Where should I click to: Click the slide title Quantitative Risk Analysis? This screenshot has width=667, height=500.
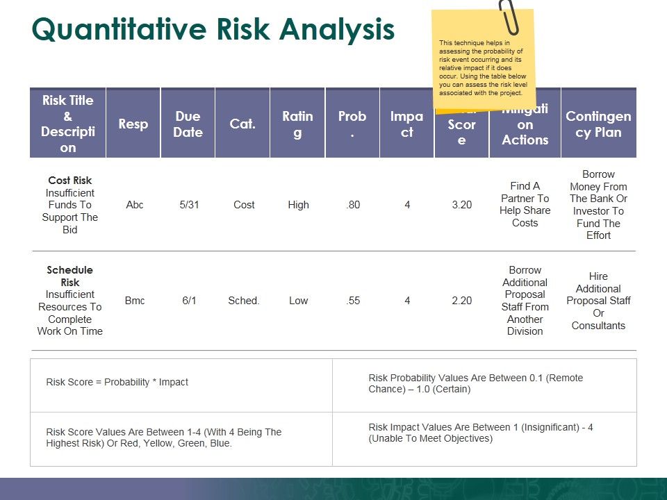coord(213,31)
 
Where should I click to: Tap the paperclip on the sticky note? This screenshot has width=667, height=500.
coord(509,17)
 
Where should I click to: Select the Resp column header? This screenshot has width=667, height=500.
coord(133,124)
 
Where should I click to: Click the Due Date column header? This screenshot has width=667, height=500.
coord(188,124)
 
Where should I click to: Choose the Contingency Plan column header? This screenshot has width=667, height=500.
coord(598,124)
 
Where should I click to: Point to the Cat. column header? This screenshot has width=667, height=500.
coord(242,124)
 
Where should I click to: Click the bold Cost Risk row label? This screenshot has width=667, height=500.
coord(70,181)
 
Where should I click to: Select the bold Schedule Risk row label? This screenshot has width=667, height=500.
coord(70,276)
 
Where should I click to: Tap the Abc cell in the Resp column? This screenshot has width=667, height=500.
coord(135,205)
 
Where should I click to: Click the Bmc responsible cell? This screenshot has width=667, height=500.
coord(135,301)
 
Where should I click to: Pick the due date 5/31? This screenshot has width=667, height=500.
coord(188,205)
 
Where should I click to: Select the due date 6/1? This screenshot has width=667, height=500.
coord(188,301)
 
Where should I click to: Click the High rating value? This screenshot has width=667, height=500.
coord(298,205)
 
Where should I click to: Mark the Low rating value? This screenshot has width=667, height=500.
coord(298,301)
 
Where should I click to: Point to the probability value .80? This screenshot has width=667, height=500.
coord(353,205)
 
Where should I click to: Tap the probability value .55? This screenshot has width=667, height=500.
coord(353,301)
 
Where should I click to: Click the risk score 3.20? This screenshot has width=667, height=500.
coord(462,205)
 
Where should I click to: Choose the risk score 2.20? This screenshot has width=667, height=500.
coord(462,301)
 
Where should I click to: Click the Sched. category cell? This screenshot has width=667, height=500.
coord(243,301)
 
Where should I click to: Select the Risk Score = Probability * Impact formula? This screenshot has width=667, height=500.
coord(117,382)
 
